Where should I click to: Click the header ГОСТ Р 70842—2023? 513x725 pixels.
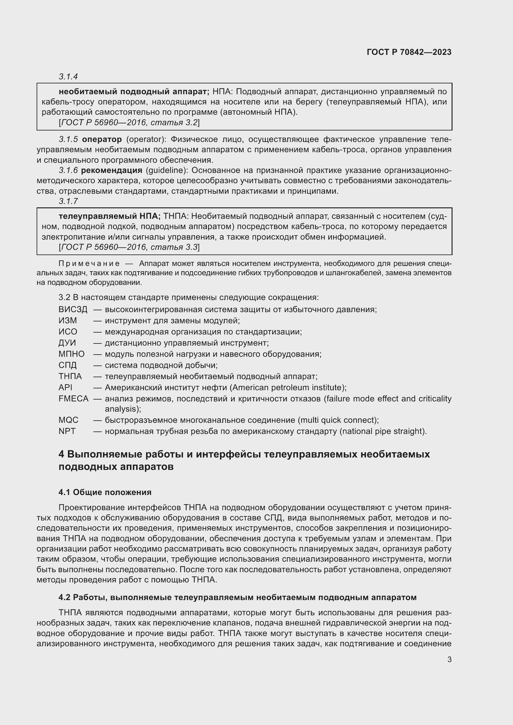409,52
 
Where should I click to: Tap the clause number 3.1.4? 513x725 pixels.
68,77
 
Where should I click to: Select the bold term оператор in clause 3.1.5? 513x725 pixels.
102,139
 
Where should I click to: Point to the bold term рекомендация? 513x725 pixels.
112,170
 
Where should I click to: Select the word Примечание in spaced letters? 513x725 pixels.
89,264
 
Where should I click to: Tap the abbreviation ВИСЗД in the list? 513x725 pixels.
73,309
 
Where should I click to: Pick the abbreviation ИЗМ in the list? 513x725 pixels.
68,321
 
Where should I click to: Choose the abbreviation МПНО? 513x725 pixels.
71,354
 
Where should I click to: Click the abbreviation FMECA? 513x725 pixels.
73,399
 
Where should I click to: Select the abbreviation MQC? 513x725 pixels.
68,420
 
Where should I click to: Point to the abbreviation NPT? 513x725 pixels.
67,431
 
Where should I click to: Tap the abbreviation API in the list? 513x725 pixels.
65,387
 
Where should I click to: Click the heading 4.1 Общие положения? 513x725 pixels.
105,492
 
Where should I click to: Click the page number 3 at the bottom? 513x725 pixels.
449,660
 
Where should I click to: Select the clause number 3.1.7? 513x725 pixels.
68,201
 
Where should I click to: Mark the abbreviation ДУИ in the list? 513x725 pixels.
67,343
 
